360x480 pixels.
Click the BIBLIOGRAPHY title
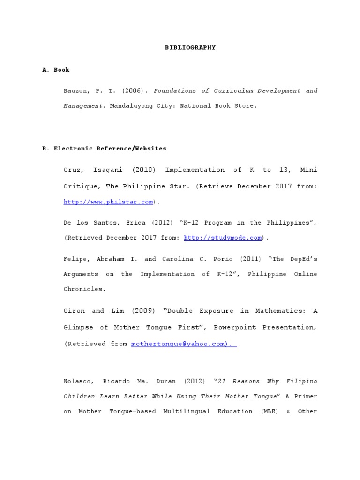[190, 47]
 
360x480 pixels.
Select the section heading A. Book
[56, 70]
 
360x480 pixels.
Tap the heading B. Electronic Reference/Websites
[104, 148]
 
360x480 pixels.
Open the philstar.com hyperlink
[108, 202]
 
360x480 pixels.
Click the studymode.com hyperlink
[223, 238]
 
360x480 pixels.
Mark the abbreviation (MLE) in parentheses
[266, 411]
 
